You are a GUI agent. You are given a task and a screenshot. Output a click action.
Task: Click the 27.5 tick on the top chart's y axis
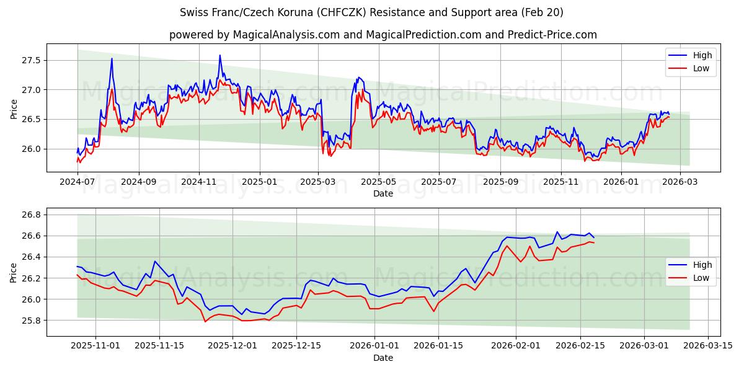[30, 60]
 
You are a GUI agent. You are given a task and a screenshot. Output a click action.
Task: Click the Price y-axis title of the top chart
[14, 109]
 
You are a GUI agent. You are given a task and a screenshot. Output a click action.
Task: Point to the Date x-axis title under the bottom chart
[383, 358]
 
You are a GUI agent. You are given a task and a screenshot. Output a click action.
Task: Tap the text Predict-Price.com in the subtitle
[551, 35]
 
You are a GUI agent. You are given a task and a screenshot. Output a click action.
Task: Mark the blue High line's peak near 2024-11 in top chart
[219, 55]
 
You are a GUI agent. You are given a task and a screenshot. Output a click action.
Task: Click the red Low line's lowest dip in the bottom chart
[205, 321]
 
